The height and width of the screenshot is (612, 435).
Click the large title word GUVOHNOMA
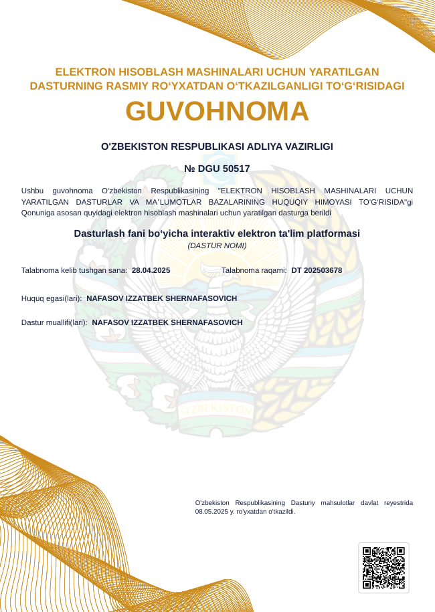pos(217,111)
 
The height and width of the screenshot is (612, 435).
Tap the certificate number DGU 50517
pos(224,169)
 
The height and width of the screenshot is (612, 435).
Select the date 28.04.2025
pos(151,270)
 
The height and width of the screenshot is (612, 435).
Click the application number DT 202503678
pos(317,270)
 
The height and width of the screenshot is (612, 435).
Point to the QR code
pos(383,568)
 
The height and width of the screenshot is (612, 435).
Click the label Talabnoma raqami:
pos(254,270)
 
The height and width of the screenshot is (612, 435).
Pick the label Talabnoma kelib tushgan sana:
pos(74,270)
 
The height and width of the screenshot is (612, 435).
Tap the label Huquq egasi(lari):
pos(52,298)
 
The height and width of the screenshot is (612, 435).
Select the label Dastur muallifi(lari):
pos(54,322)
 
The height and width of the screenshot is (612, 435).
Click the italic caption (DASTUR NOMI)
pos(217,245)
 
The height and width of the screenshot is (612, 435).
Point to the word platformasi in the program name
pos(333,233)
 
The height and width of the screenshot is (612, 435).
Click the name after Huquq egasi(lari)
pos(162,298)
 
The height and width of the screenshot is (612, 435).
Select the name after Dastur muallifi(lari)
pos(167,322)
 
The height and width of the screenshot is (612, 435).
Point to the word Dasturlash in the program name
pos(98,233)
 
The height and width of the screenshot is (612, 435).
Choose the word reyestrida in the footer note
pos(396,502)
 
